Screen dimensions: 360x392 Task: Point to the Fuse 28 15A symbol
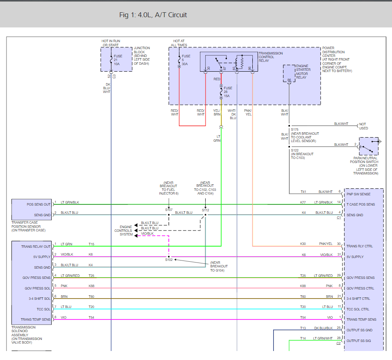point(222,90)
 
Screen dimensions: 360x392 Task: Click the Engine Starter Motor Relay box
point(289,73)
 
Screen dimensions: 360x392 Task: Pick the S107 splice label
point(169,210)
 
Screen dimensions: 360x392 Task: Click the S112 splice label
point(205,210)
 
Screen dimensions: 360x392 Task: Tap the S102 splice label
point(169,260)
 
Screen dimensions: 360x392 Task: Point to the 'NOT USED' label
point(363,126)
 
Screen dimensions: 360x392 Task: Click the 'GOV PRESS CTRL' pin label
point(360,288)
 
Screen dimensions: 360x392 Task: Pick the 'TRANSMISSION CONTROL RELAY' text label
point(270,57)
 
